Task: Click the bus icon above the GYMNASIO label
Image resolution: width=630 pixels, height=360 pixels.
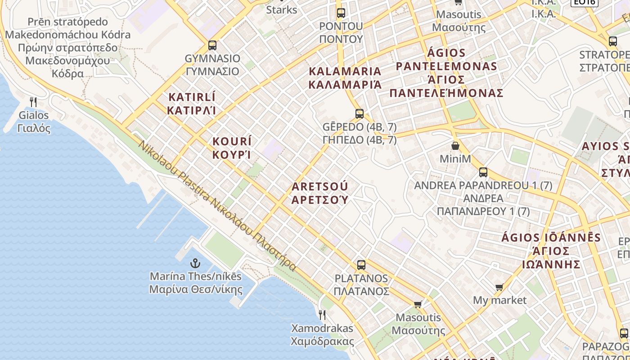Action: (212, 45)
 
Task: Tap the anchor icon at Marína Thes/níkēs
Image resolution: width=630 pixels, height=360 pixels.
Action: (195, 263)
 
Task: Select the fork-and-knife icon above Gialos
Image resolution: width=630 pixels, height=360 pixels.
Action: (33, 102)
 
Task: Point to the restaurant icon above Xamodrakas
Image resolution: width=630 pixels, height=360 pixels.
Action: (322, 315)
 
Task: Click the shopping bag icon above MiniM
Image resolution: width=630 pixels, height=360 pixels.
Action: (455, 146)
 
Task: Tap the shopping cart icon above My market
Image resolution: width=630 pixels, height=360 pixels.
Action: (499, 287)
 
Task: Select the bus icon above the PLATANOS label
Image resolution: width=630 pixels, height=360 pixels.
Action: (361, 265)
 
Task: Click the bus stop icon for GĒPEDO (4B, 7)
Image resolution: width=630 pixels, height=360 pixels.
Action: (359, 114)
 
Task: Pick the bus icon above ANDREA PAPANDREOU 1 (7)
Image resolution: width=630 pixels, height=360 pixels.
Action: (483, 172)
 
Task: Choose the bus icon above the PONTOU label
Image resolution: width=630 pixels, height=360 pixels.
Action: (341, 13)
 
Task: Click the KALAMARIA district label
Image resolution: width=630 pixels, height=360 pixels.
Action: (345, 71)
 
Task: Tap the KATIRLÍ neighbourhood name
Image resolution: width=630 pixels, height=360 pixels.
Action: (192, 97)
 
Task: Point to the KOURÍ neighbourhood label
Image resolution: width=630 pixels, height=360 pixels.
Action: (232, 141)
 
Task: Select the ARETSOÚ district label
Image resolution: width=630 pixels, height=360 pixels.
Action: (320, 186)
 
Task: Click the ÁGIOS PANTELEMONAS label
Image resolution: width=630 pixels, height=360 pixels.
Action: (446, 66)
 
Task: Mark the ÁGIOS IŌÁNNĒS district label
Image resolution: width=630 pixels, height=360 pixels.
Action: (551, 238)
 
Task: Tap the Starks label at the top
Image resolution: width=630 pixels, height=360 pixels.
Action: (282, 9)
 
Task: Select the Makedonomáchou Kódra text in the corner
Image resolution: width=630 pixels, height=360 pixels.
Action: (67, 35)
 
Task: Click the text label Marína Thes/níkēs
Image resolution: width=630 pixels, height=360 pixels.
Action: (195, 276)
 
